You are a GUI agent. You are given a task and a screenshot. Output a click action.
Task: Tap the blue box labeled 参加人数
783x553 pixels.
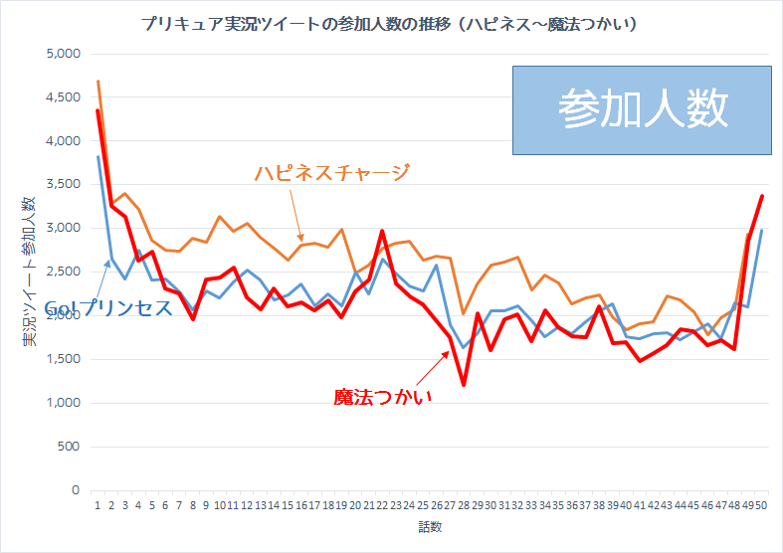coord(642,109)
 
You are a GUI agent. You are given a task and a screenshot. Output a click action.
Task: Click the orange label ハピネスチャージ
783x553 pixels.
coord(331,173)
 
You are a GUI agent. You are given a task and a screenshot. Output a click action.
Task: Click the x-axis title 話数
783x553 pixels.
coord(430,526)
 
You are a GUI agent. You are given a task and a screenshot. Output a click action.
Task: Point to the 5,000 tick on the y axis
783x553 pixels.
coord(63,54)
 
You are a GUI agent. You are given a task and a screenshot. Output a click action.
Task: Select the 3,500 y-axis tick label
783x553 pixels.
coord(63,185)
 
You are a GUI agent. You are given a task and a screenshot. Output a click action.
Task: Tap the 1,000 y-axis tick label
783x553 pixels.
coord(63,403)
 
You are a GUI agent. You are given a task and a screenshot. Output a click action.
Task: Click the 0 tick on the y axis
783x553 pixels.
coord(75,490)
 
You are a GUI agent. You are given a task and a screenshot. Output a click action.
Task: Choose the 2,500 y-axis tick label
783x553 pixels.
coord(63,272)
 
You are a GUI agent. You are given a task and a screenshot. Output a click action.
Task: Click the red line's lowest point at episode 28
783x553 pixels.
coord(464,384)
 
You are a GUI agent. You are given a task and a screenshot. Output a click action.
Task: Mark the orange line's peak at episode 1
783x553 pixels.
coord(98,82)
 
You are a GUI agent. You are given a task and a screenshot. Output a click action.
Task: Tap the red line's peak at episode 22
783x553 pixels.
coord(382,231)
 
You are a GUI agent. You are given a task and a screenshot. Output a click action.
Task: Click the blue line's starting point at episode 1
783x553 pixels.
coord(98,157)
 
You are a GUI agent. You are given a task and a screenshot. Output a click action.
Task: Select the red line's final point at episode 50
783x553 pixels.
coord(761,197)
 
